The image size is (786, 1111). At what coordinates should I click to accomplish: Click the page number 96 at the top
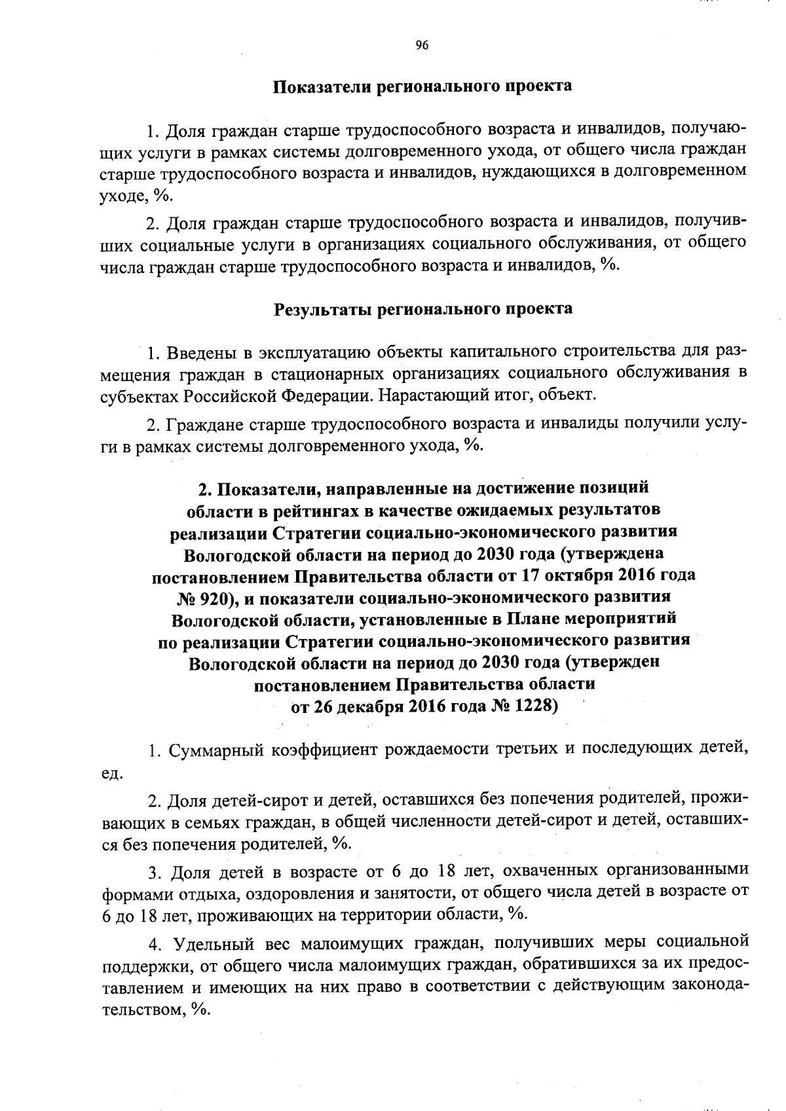[421, 45]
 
